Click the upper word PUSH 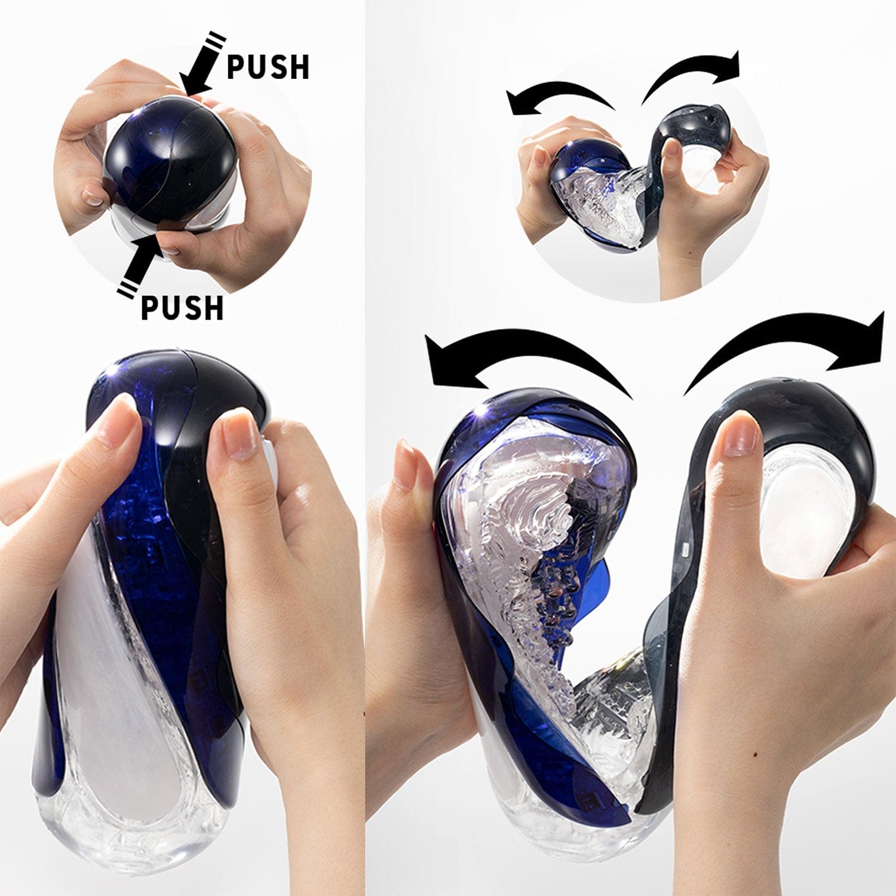tap(268, 67)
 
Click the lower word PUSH tap(182, 308)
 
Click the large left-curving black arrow tap(526, 358)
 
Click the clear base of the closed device tap(137, 836)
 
